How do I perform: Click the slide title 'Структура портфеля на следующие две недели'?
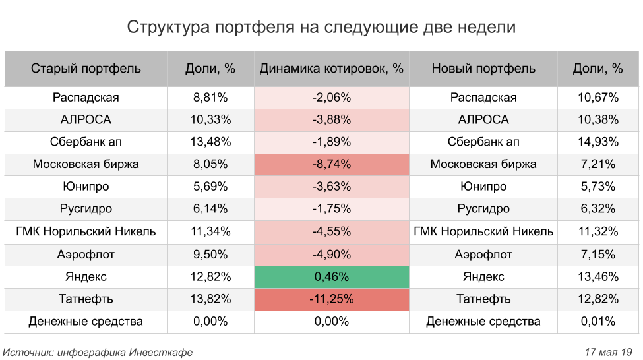coord(321,28)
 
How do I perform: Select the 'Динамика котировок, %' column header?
coord(331,69)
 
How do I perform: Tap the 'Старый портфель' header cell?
coord(86,69)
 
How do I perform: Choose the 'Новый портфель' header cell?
coord(483,69)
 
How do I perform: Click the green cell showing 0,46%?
coord(331,277)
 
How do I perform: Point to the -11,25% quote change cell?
coord(331,299)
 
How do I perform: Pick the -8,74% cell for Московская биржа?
coord(331,165)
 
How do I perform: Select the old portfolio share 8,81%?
coord(210,98)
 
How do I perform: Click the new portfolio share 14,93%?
coord(598,142)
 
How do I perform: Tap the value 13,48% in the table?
coord(210,142)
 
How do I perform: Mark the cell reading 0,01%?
coord(598,322)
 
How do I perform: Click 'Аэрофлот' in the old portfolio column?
coord(86,255)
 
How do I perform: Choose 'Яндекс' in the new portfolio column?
coord(483,277)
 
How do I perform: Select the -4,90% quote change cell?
coord(331,255)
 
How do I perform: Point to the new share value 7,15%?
coord(598,255)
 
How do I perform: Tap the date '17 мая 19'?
coord(609,353)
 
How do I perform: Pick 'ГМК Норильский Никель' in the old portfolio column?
coord(86,232)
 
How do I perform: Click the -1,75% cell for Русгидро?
coord(331,210)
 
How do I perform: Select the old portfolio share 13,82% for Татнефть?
coord(210,299)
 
